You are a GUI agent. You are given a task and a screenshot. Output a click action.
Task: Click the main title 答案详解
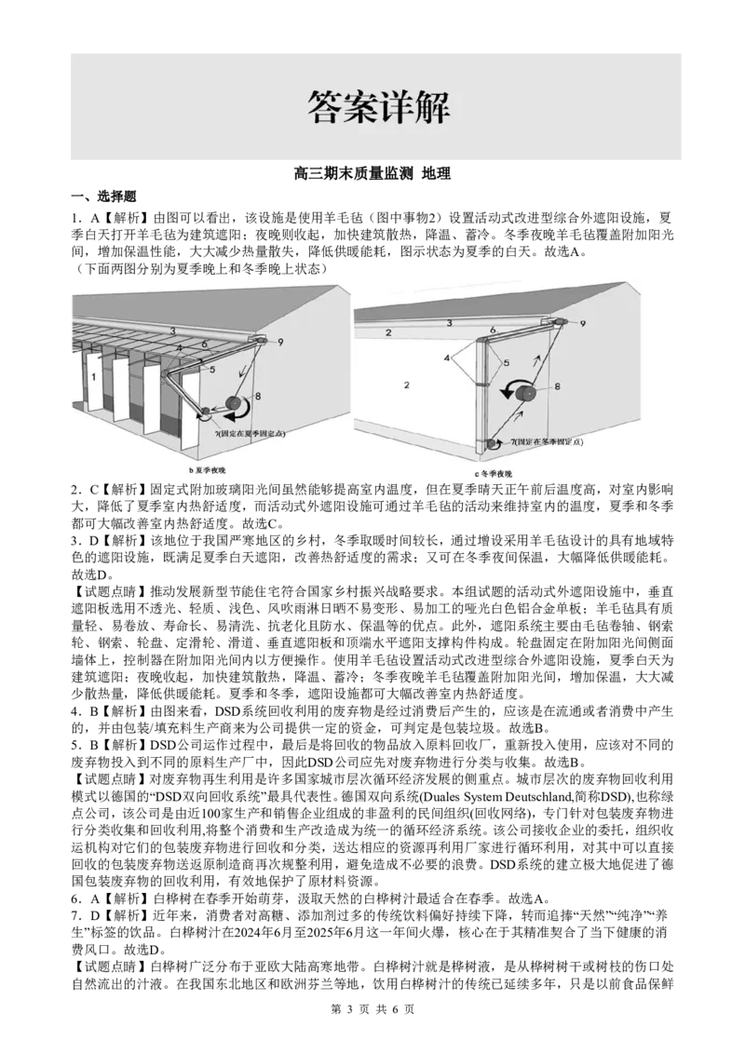(x=378, y=106)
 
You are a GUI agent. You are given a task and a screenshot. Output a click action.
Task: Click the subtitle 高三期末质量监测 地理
(x=372, y=174)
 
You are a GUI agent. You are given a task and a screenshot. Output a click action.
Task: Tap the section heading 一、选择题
(x=104, y=196)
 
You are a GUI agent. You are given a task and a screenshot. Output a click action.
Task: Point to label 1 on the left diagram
(x=94, y=377)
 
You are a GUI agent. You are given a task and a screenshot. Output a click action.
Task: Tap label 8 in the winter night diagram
(x=557, y=386)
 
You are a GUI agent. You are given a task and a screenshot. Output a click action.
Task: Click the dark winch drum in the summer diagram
(x=234, y=403)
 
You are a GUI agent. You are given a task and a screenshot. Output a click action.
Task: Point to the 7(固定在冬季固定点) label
(x=546, y=441)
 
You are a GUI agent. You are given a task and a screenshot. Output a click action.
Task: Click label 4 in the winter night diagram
(x=446, y=358)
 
